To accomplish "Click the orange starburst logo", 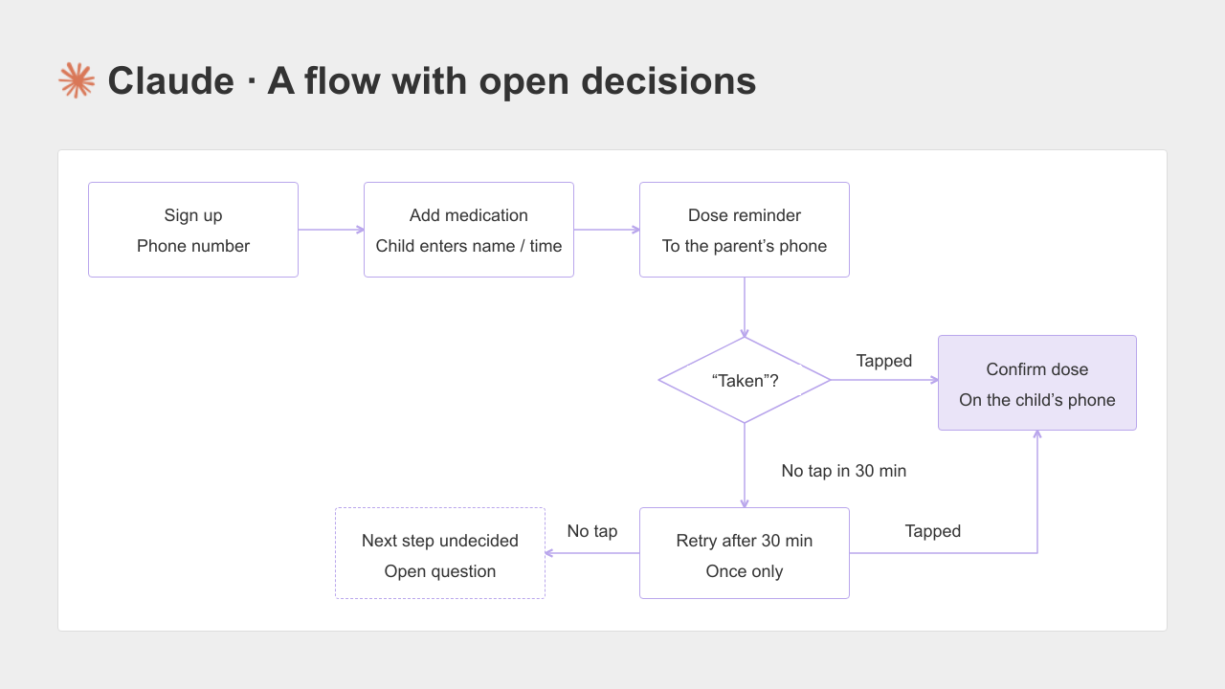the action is click(77, 80).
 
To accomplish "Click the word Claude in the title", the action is click(171, 81).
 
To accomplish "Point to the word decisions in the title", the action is click(668, 81).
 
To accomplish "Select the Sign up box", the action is click(193, 230).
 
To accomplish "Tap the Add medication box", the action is click(469, 230).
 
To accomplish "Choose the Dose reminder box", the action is click(745, 230).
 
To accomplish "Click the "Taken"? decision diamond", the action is click(745, 380).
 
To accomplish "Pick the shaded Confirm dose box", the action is click(1037, 383).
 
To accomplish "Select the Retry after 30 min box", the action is click(745, 553).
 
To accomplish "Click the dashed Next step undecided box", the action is click(440, 553).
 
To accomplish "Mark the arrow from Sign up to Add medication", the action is click(331, 230).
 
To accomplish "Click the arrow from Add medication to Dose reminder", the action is click(607, 230).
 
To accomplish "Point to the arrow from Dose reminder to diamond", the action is click(745, 307).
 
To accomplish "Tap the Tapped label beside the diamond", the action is click(883, 361).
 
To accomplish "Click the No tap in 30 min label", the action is click(844, 471).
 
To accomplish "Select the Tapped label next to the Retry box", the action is click(932, 531).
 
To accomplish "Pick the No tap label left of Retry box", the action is click(592, 531).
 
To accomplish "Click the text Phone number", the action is click(193, 246).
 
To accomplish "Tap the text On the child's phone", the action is click(1037, 400).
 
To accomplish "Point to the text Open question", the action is click(440, 571).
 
